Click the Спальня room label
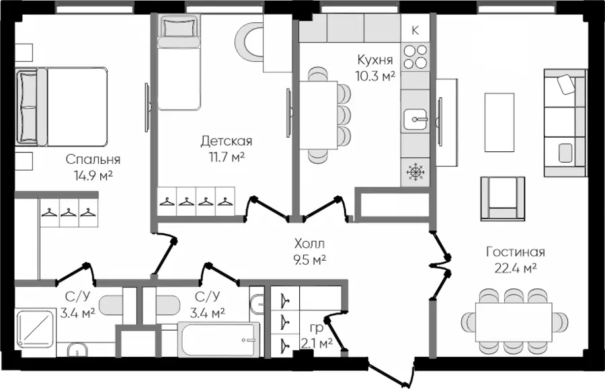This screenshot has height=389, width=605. (93, 159)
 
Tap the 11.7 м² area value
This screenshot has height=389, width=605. (227, 157)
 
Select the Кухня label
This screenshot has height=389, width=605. (375, 60)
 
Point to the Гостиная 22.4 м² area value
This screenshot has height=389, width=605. (516, 267)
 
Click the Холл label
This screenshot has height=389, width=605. (309, 244)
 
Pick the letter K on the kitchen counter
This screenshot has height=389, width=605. (415, 30)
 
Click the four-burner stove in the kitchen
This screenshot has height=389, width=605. (415, 56)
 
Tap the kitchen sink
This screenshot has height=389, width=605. (415, 119)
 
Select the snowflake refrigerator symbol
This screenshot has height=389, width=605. (415, 172)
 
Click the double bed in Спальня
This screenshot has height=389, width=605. (62, 107)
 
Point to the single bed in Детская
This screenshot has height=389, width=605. (179, 62)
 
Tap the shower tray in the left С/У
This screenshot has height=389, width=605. (36, 329)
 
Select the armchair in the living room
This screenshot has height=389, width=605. (503, 199)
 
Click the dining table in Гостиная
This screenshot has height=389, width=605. (514, 322)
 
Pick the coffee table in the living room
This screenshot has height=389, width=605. (499, 122)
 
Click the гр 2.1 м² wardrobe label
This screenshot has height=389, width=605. (317, 336)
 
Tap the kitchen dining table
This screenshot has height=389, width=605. (319, 115)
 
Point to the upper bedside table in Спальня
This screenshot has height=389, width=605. (24, 52)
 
